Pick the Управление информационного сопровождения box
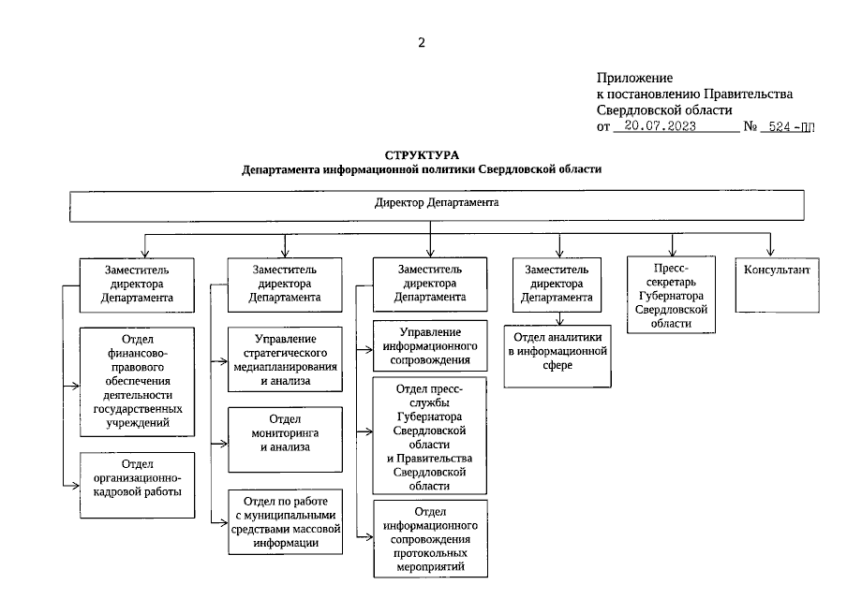[430, 345]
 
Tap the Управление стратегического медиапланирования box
[285, 359]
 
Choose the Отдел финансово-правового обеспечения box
[137, 380]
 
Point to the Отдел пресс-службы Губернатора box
[430, 435]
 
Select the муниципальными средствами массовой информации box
[285, 521]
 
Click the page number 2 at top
[422, 42]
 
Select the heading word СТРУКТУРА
[422, 153]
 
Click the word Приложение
[634, 79]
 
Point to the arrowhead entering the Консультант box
[772, 252]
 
